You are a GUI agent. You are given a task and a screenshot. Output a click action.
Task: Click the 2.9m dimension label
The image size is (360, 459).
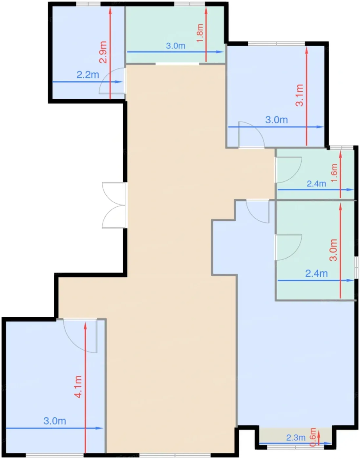[x=103, y=52]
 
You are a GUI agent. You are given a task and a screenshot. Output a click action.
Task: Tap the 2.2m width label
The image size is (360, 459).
[x=88, y=75]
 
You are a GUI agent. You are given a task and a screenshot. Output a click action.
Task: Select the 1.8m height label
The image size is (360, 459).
[x=200, y=33]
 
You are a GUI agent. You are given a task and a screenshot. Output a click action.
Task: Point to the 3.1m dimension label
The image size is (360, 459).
[x=299, y=95]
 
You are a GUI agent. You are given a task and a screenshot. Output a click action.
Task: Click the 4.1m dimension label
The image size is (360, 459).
[x=78, y=387]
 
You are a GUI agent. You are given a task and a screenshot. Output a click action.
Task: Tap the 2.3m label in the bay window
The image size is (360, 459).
[x=296, y=438]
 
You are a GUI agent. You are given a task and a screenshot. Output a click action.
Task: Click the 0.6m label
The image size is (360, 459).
[x=313, y=437]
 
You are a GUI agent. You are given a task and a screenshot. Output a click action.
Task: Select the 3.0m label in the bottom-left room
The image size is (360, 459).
[x=55, y=421]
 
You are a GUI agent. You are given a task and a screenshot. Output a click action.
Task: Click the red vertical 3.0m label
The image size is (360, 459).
[x=333, y=250]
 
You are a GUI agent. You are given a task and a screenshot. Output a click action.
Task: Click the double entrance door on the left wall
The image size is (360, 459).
[x=114, y=205]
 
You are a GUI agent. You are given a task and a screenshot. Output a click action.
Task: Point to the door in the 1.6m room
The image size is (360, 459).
[x=288, y=170]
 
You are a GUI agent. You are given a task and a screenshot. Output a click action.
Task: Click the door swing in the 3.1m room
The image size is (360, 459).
[x=251, y=134]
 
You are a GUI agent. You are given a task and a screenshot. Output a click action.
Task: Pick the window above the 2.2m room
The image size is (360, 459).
[x=88, y=4]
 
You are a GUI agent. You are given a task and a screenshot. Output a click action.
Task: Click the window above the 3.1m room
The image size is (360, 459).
[x=277, y=44]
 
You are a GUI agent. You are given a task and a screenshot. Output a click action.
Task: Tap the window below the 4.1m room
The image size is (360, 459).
[x=55, y=455]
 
